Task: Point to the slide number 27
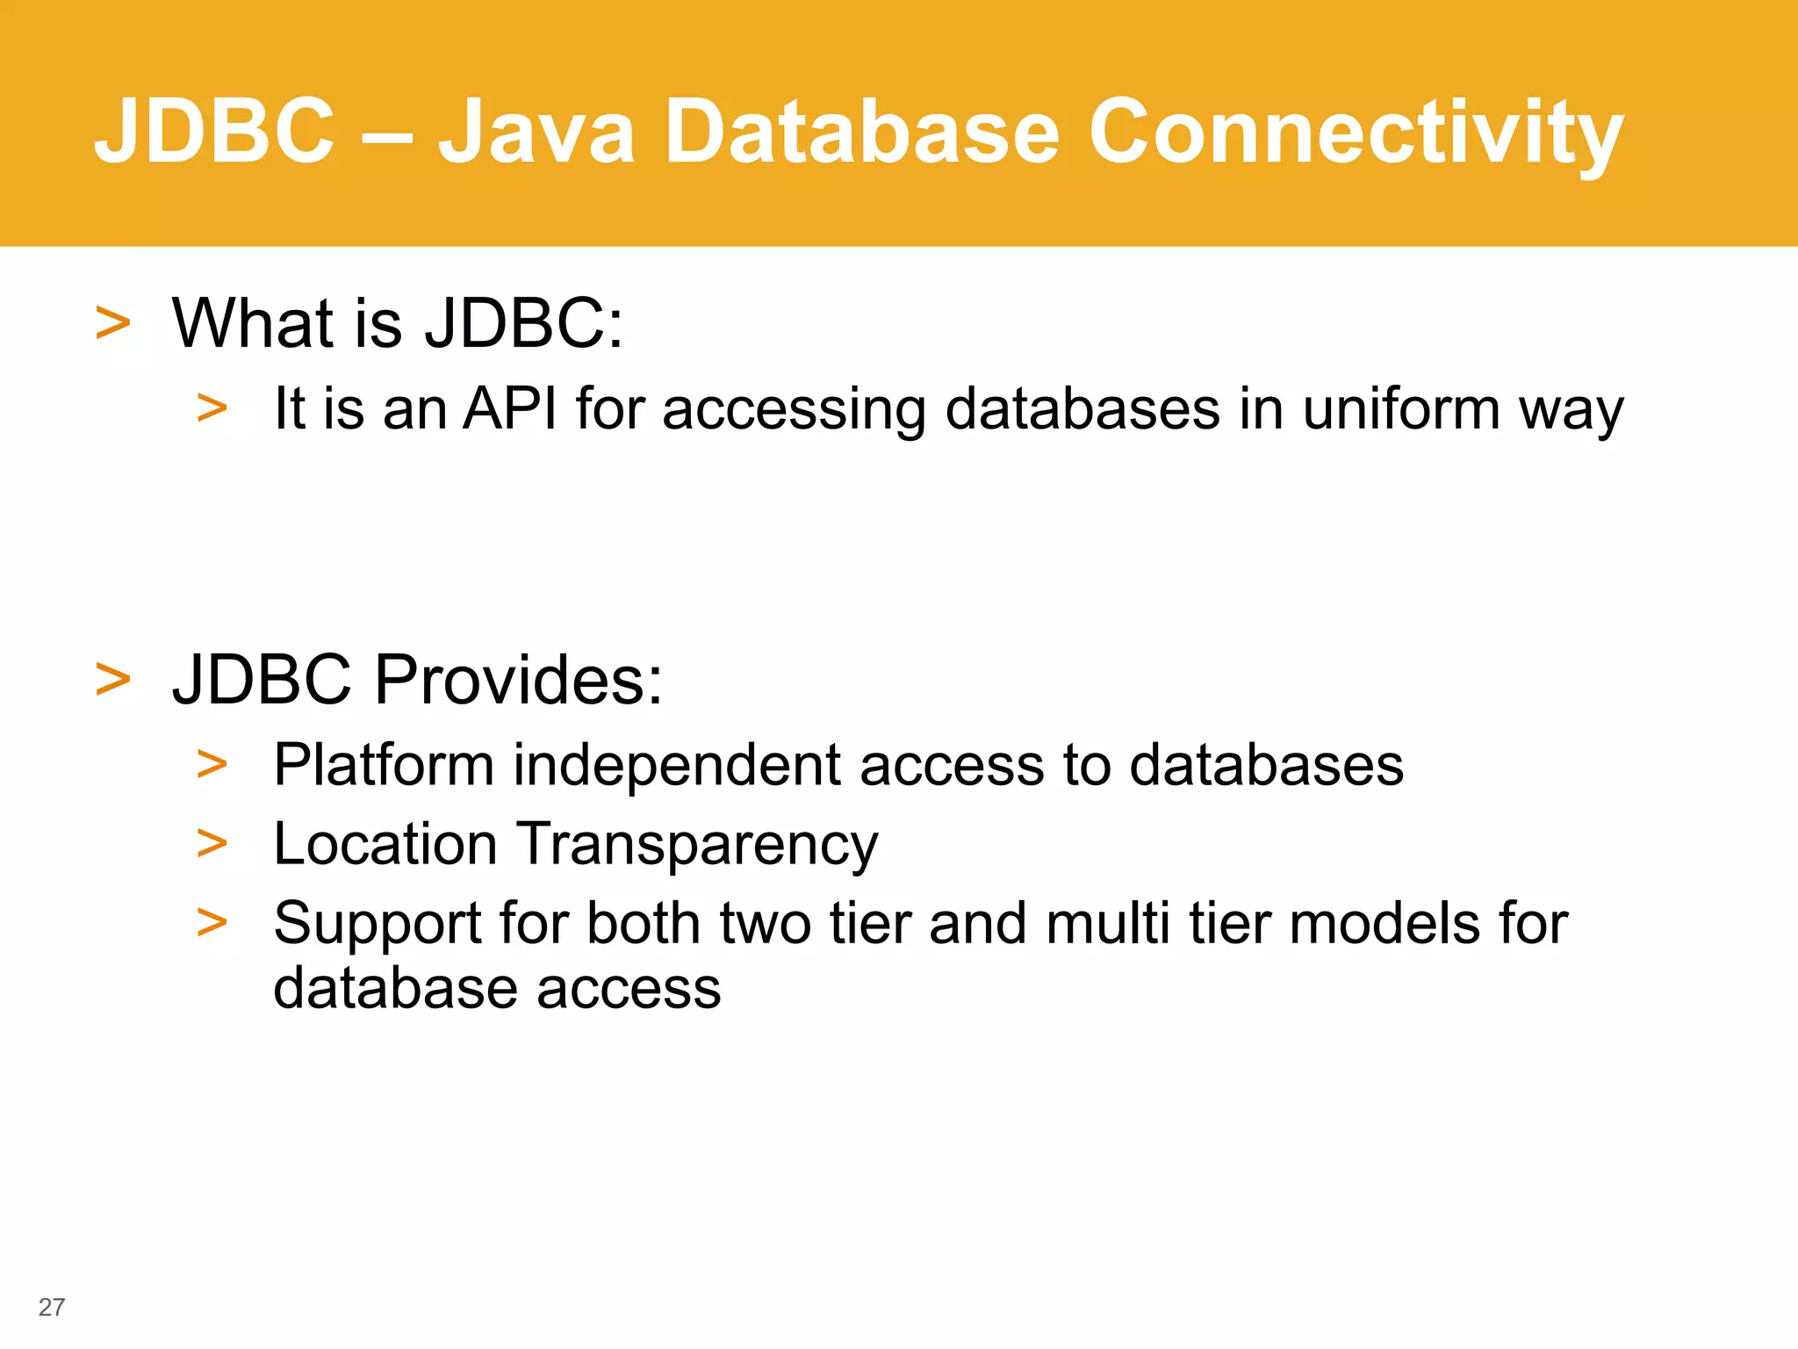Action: coord(51,1307)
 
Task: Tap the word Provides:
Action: coord(518,680)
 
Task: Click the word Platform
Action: coord(384,764)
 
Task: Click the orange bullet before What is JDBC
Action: coord(112,323)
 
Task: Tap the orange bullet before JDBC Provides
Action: coord(112,680)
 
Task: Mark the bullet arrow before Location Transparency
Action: coord(212,844)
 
